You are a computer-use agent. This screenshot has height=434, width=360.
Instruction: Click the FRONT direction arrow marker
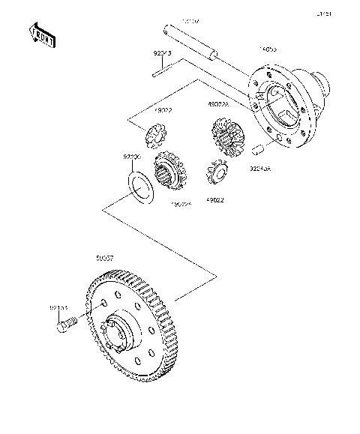[x=40, y=34]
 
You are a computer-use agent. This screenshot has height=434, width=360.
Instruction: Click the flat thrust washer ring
[x=137, y=184]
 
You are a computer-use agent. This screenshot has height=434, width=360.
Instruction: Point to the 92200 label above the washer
[x=132, y=157]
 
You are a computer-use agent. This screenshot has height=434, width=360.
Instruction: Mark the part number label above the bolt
[x=58, y=307]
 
